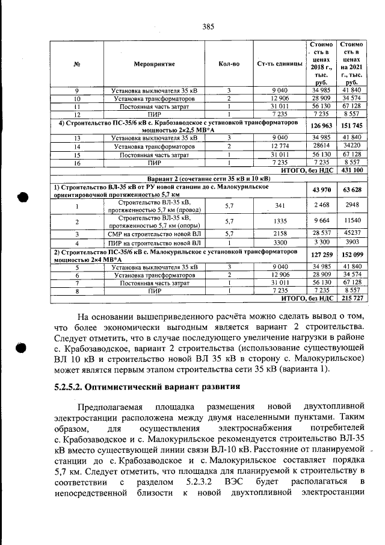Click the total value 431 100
tap(352, 171)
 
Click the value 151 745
tap(352, 125)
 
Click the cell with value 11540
tap(352, 221)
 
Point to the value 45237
tap(352, 233)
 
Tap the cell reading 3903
tap(352, 241)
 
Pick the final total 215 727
tap(352, 298)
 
